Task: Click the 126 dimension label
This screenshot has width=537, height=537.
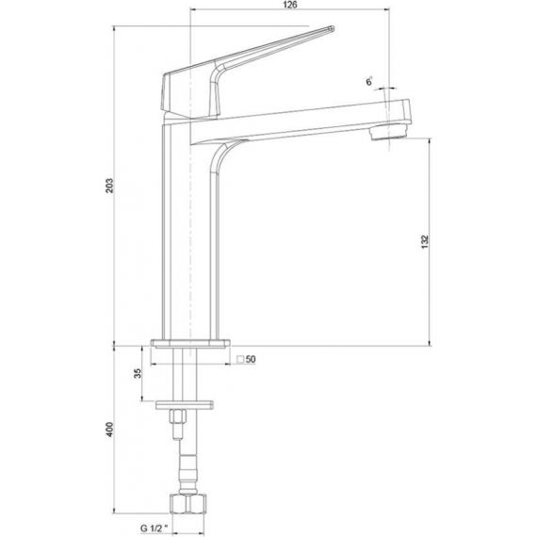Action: tap(290, 5)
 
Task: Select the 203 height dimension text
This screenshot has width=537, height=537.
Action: tap(109, 186)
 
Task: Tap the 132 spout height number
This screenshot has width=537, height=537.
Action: tap(425, 242)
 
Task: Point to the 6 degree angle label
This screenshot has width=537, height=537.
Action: tap(369, 82)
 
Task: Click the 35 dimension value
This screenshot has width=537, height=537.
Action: tap(137, 373)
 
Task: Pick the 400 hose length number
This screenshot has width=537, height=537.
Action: tap(109, 429)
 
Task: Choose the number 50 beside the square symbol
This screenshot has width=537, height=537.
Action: tap(251, 359)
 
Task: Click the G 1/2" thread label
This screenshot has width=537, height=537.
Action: tap(155, 529)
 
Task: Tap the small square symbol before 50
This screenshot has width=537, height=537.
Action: tap(240, 359)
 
